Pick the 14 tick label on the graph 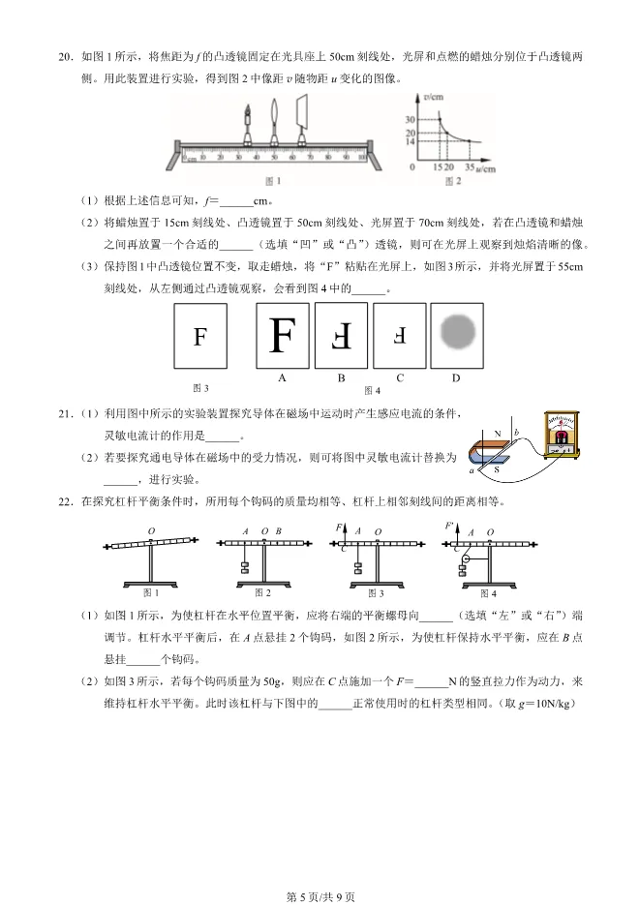411,141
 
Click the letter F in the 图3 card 200,337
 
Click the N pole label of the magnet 497,434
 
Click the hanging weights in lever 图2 246,570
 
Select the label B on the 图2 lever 278,530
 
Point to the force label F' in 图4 450,527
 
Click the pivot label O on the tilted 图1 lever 151,530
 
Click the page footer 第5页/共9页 320,895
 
